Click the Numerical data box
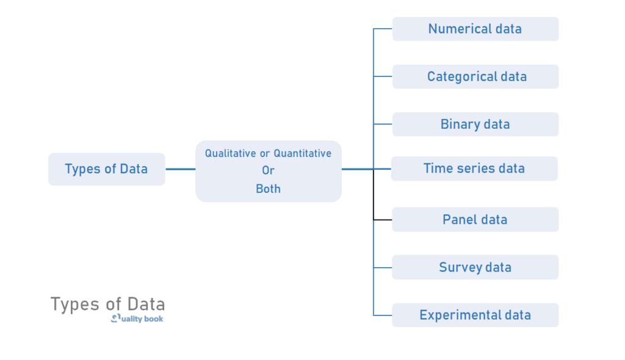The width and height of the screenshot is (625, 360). pyautogui.click(x=475, y=29)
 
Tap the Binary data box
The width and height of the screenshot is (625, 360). pyautogui.click(x=475, y=124)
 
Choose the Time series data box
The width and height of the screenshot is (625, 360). pyautogui.click(x=474, y=168)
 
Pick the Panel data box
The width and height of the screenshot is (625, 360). pyautogui.click(x=475, y=219)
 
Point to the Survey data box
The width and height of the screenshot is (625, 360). pyautogui.click(x=475, y=267)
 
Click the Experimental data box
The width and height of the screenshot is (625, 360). pyautogui.click(x=475, y=315)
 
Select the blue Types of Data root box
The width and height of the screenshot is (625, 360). pyautogui.click(x=106, y=169)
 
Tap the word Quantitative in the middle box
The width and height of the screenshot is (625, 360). pyautogui.click(x=302, y=153)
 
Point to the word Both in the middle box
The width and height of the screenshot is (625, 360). pyautogui.click(x=268, y=189)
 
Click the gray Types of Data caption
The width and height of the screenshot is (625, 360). pyautogui.click(x=107, y=304)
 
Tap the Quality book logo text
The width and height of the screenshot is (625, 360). pyautogui.click(x=138, y=319)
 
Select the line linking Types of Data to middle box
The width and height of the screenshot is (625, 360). pyautogui.click(x=180, y=169)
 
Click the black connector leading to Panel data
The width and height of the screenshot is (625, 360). pyautogui.click(x=382, y=219)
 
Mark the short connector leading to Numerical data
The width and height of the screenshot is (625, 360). pyautogui.click(x=383, y=29)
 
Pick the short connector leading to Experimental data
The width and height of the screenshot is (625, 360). pyautogui.click(x=383, y=315)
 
